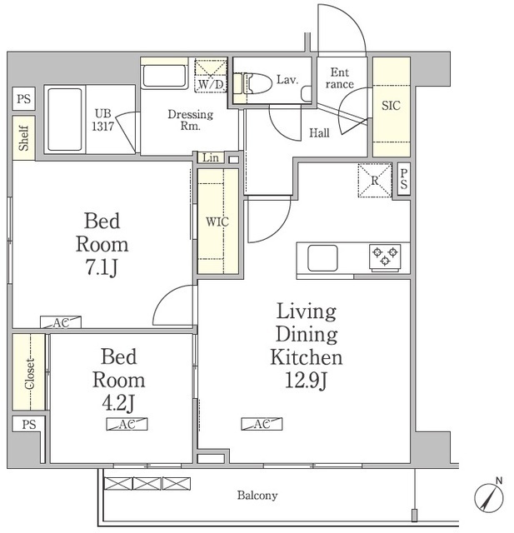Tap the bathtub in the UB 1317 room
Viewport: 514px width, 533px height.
point(65,119)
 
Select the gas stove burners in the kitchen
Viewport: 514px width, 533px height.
point(385,258)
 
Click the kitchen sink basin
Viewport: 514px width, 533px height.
point(322,258)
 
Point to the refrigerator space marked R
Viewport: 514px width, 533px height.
point(375,181)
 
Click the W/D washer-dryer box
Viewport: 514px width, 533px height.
point(211,76)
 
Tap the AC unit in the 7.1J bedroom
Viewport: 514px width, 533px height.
point(61,322)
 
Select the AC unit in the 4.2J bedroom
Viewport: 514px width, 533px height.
point(127,424)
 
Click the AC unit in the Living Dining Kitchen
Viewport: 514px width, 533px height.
point(262,424)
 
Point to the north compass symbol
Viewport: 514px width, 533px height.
point(489,497)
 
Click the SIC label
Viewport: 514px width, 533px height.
point(391,106)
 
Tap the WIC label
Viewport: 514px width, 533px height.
point(217,222)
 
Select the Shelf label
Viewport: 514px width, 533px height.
point(23,137)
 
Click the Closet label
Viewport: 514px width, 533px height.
point(30,374)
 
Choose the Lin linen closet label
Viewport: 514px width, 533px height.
point(211,157)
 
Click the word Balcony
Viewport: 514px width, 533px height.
point(257,496)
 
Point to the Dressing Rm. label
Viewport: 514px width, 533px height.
point(191,120)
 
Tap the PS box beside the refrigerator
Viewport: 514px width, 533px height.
point(404,179)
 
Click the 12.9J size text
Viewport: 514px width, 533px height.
point(306,381)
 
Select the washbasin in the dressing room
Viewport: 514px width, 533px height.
point(164,76)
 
